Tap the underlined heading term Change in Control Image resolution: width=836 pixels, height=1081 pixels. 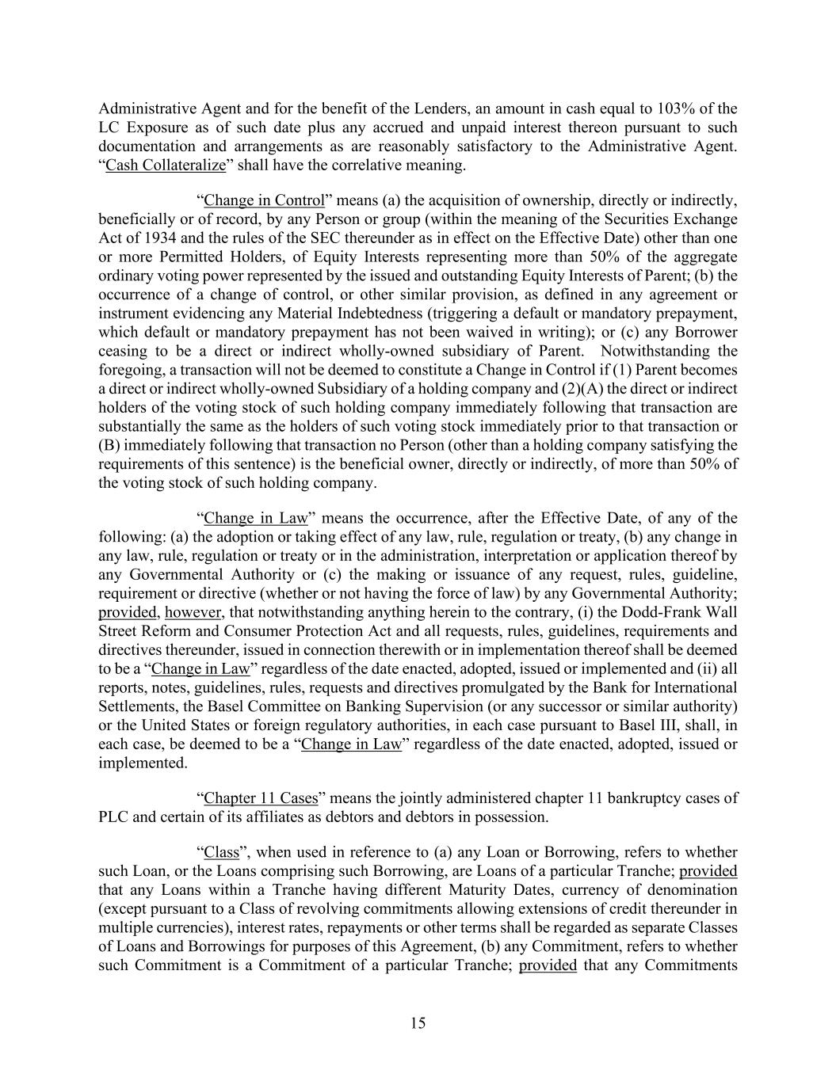(265, 200)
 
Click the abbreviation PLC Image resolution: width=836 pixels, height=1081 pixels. (113, 817)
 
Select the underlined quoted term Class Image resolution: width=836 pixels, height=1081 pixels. (222, 853)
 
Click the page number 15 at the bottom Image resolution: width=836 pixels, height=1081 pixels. (418, 1023)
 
